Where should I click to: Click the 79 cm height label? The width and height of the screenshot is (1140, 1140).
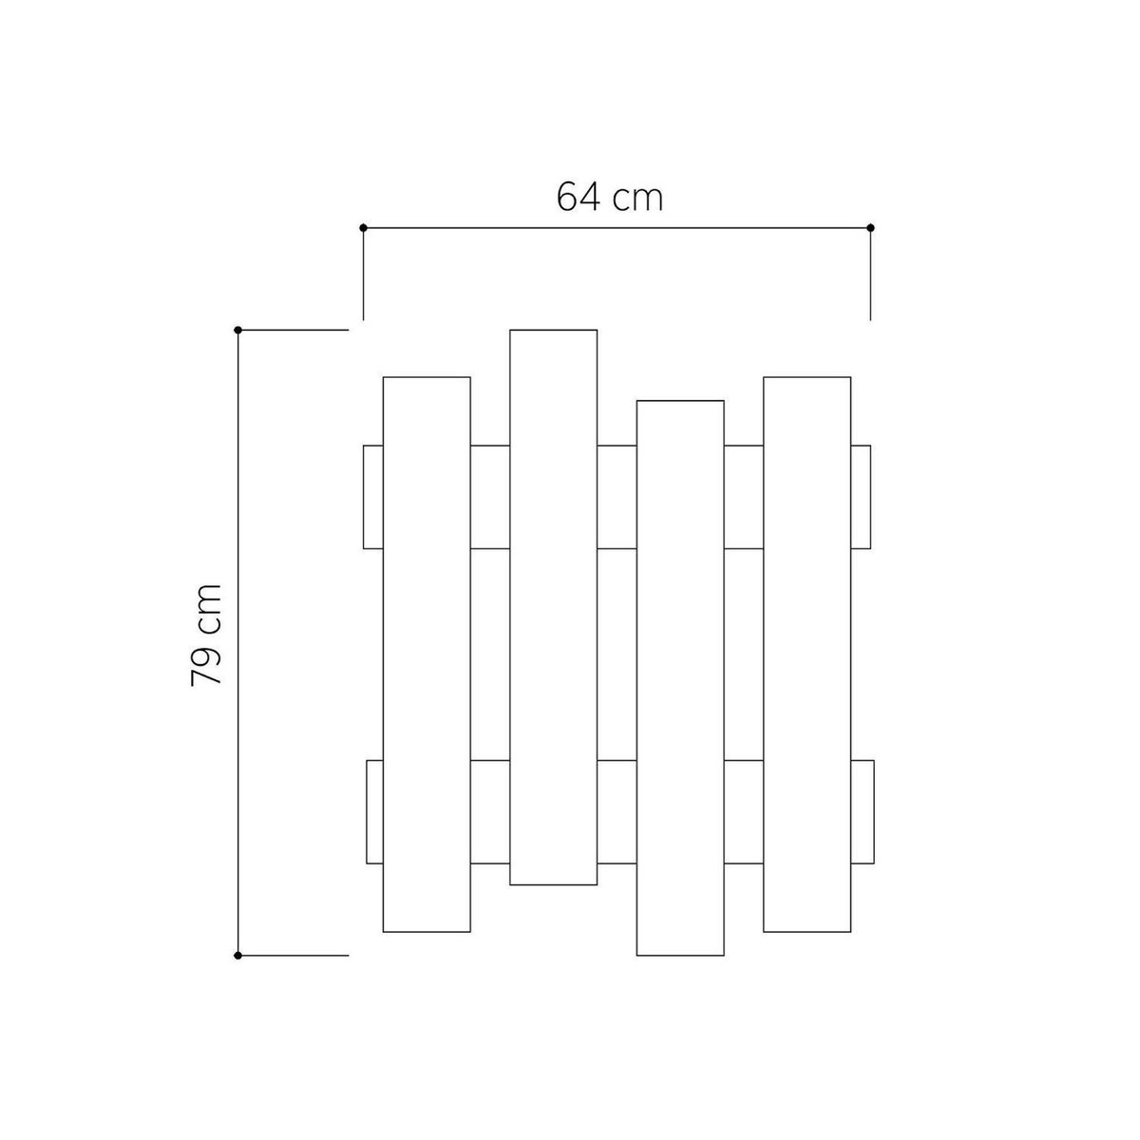pos(206,635)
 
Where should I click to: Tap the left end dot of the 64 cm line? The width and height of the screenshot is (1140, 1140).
pos(363,228)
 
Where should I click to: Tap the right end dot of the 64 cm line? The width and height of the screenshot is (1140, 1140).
pos(870,228)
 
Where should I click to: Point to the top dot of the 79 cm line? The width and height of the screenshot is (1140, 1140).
pos(237,330)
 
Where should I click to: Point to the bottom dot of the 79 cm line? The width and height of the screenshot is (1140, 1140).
pos(237,956)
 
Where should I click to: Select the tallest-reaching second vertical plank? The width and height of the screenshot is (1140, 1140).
pos(553,607)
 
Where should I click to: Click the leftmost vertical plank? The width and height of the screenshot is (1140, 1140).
pos(427,655)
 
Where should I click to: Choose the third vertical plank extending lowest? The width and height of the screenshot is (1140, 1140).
pos(680,678)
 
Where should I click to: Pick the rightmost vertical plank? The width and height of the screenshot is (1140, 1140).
pos(807,655)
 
